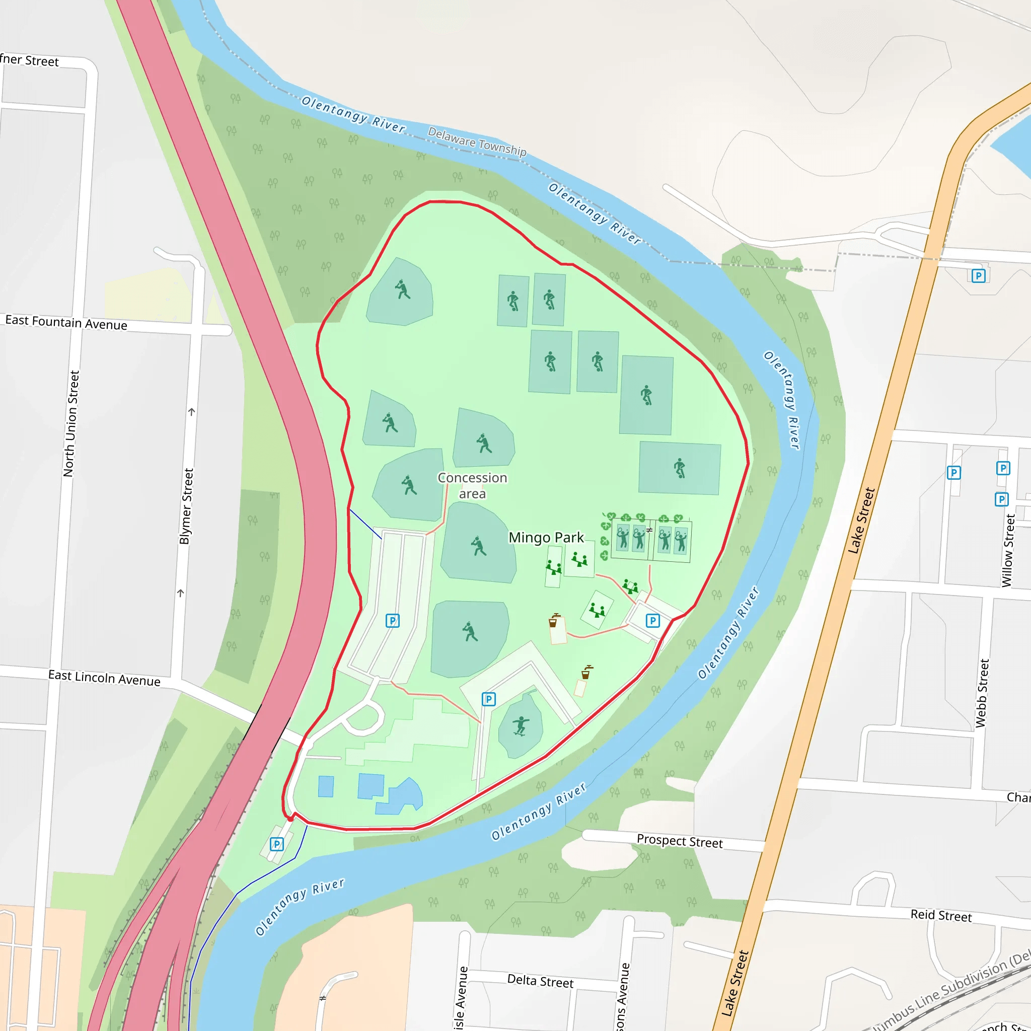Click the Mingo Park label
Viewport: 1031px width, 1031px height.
coord(546,537)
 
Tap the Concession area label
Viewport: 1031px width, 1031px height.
coord(472,485)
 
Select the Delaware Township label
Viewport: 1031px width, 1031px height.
coord(477,142)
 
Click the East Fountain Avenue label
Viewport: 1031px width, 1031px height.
coord(66,322)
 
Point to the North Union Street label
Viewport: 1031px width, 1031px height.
coord(71,424)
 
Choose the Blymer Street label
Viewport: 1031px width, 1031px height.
coord(186,506)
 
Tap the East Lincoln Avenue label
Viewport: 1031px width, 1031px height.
coord(104,678)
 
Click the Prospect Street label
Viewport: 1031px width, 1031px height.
coord(679,841)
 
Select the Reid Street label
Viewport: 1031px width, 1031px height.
coord(941,915)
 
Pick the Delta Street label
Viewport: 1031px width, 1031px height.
coord(540,981)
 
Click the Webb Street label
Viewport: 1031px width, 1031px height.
coord(982,693)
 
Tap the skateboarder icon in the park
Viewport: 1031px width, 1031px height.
coord(521,726)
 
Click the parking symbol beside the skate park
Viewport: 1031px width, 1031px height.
coord(489,699)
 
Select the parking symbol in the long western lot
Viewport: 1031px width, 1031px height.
coord(392,621)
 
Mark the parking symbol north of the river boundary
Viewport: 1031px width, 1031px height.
coord(978,276)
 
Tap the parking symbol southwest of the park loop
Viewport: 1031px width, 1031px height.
coord(276,844)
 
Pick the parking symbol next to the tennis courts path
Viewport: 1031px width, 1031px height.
coord(652,621)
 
